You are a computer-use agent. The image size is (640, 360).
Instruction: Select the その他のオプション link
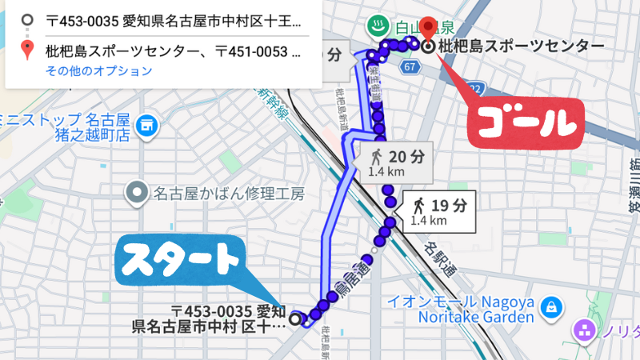(x=99, y=71)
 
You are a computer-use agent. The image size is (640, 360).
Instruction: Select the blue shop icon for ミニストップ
(x=146, y=125)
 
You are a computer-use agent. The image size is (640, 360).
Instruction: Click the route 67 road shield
(x=410, y=67)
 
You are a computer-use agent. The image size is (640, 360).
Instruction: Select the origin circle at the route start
(x=295, y=319)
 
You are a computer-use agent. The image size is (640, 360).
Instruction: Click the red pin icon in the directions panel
(x=28, y=52)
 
